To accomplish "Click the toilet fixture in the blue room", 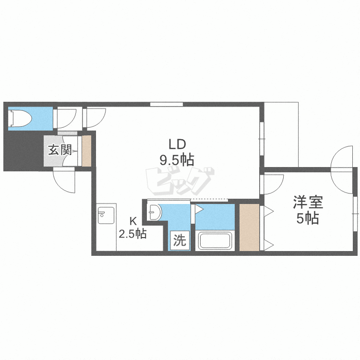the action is (20, 118).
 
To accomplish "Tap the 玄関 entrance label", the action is (60, 150).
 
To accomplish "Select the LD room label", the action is (177, 144).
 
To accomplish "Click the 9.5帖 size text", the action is (177, 160).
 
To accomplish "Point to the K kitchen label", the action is (133, 221).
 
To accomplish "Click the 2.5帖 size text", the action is (132, 234).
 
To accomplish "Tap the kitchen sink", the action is (106, 216).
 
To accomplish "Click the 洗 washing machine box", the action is (180, 240).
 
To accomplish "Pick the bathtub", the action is (215, 241).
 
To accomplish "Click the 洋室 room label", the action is (308, 202).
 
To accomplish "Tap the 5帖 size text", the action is (308, 218).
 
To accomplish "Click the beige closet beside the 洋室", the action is (250, 227).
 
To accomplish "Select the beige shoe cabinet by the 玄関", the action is (86, 151).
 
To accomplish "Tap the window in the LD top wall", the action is (167, 104).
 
